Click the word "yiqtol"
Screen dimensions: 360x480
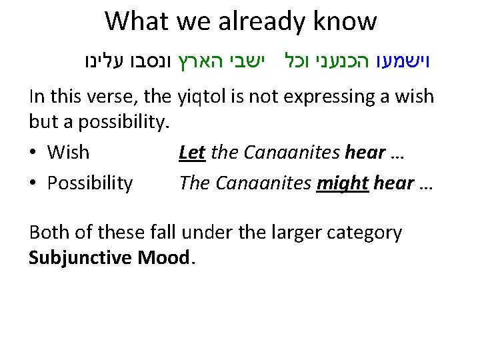pyautogui.click(x=205, y=97)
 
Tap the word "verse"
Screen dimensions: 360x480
pyautogui.click(x=113, y=97)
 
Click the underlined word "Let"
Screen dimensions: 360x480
pyautogui.click(x=191, y=152)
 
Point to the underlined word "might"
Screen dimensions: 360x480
pyautogui.click(x=343, y=182)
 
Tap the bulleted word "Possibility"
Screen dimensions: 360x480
pyautogui.click(x=90, y=183)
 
